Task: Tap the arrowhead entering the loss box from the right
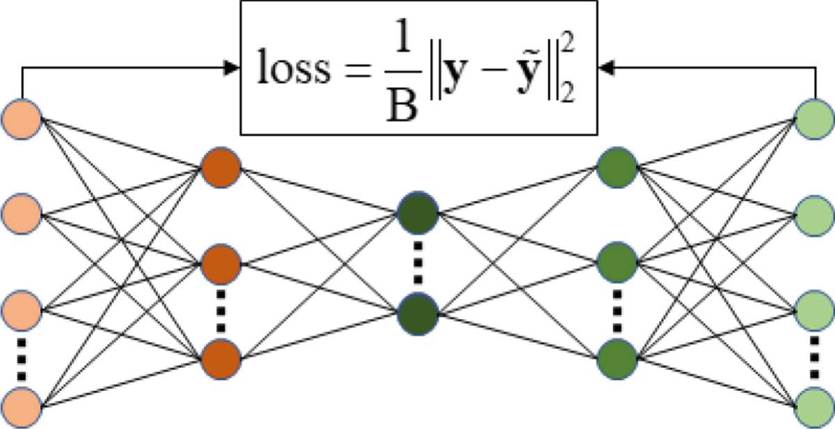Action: click(605, 68)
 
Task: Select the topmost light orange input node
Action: click(22, 118)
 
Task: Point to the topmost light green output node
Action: click(814, 118)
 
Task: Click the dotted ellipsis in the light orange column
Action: click(22, 358)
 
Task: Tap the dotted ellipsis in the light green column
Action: click(814, 358)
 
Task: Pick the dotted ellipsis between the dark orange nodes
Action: click(221, 312)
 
